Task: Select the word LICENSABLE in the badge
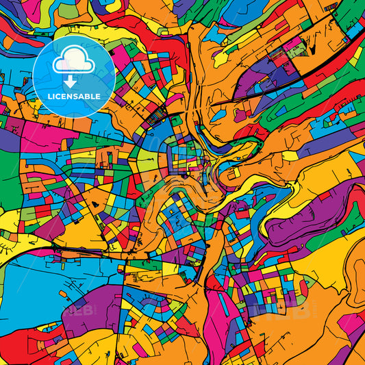coord(74,97)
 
